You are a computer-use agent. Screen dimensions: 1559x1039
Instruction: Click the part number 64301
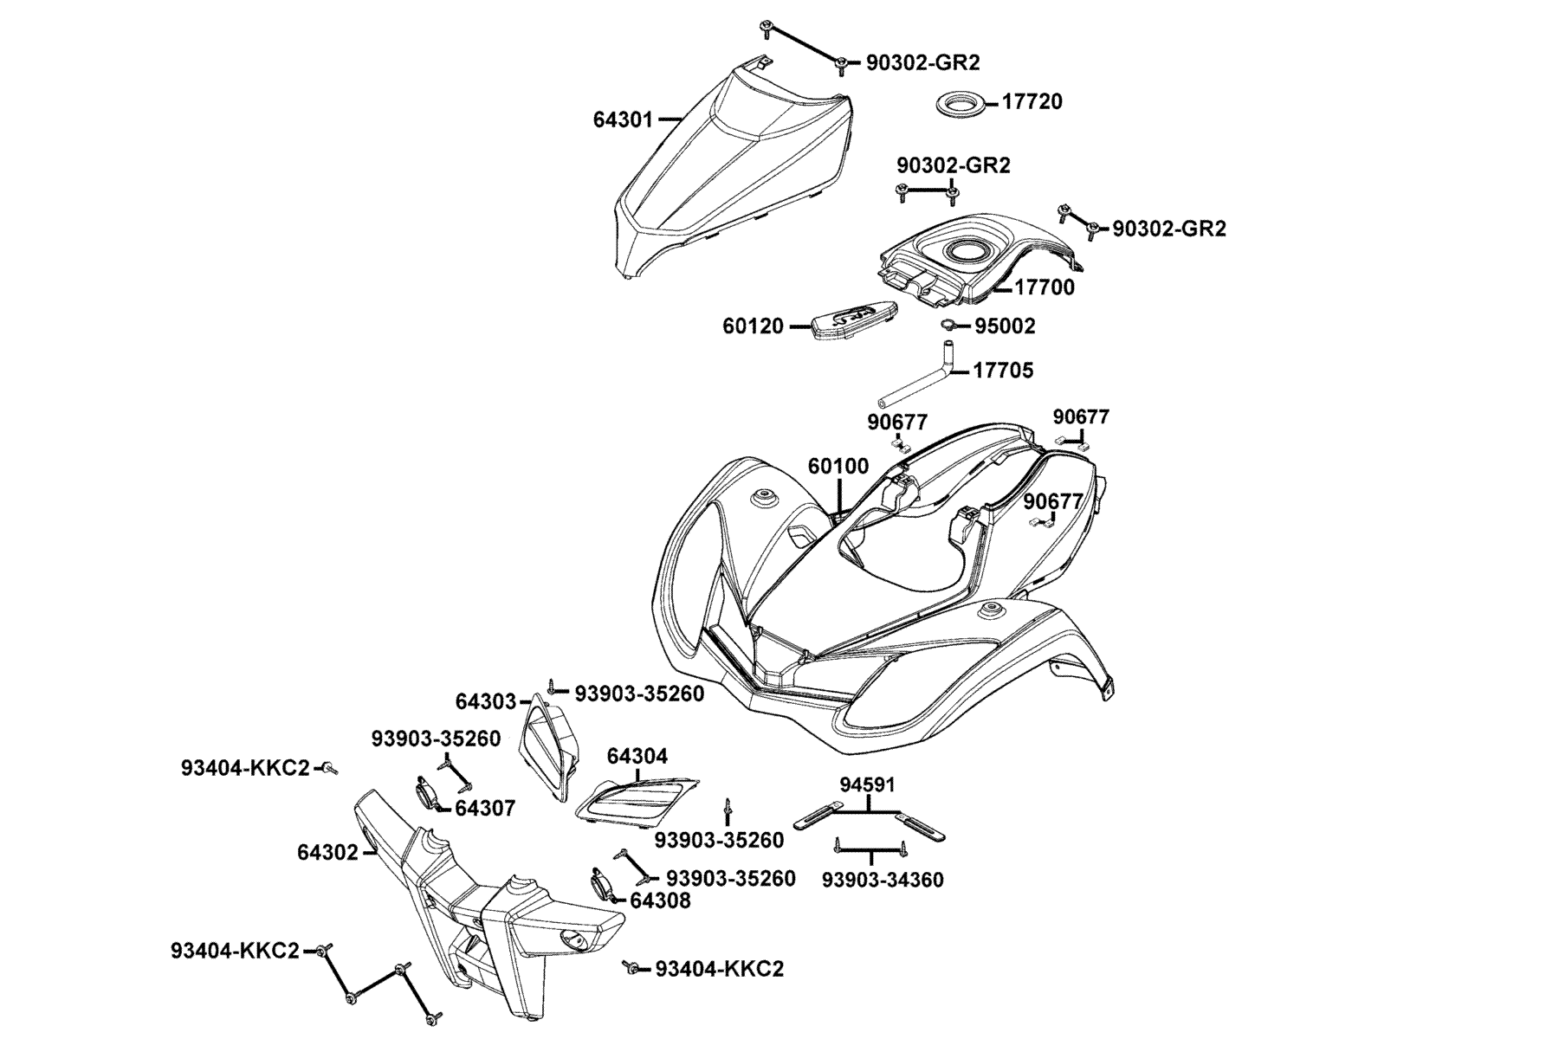tap(623, 119)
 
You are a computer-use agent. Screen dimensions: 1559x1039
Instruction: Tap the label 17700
tap(1045, 287)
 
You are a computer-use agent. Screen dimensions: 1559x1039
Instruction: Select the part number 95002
tap(1005, 326)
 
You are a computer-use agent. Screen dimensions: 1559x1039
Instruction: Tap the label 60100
tap(838, 467)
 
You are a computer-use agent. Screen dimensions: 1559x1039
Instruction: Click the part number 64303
tap(486, 701)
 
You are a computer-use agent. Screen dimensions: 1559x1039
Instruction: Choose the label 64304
tap(637, 756)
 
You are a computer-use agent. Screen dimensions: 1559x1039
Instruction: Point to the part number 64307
tap(485, 809)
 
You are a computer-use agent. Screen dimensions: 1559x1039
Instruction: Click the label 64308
tap(661, 900)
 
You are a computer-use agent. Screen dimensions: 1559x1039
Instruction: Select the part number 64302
tap(327, 853)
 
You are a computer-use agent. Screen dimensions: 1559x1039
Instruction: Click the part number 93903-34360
tap(883, 881)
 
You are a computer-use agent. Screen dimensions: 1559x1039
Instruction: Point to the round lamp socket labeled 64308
tap(604, 886)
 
